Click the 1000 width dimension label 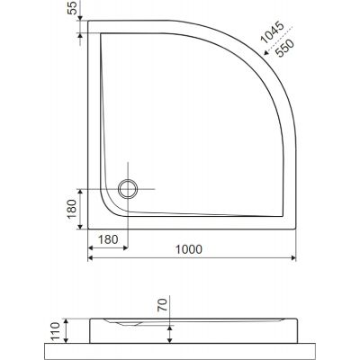[189, 249]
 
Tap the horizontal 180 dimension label [108, 239]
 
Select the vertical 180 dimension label [72, 209]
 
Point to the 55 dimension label [72, 8]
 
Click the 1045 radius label [272, 32]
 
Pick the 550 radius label [285, 49]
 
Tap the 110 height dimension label [56, 331]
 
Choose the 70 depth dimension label [162, 305]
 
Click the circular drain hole [128, 189]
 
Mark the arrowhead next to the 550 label [265, 53]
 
